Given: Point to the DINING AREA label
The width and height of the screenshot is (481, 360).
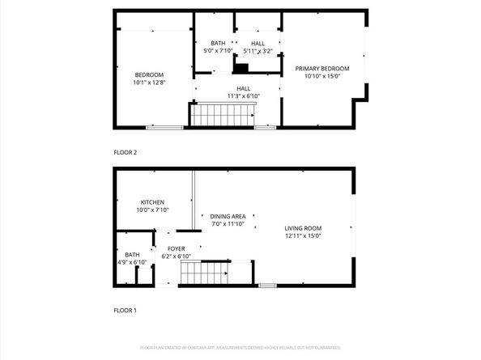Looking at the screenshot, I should pyautogui.click(x=228, y=216).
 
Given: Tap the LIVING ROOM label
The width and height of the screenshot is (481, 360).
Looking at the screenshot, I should pyautogui.click(x=303, y=228).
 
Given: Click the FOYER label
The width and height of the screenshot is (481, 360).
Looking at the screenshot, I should pyautogui.click(x=176, y=248).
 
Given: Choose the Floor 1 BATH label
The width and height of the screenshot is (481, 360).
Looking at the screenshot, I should pyautogui.click(x=131, y=255).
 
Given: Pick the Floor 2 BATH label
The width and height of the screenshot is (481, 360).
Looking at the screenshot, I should pyautogui.click(x=218, y=43).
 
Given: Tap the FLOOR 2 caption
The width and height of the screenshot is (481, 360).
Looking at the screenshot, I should pyautogui.click(x=125, y=152).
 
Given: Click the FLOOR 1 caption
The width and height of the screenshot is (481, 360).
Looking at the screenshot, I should pyautogui.click(x=125, y=310).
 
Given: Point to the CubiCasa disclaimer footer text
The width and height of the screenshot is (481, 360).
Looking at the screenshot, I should pyautogui.click(x=240, y=347).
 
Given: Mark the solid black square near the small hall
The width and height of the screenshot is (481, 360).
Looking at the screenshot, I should pyautogui.click(x=240, y=70).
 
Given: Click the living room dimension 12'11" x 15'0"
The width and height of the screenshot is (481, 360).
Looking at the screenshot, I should pyautogui.click(x=303, y=236).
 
